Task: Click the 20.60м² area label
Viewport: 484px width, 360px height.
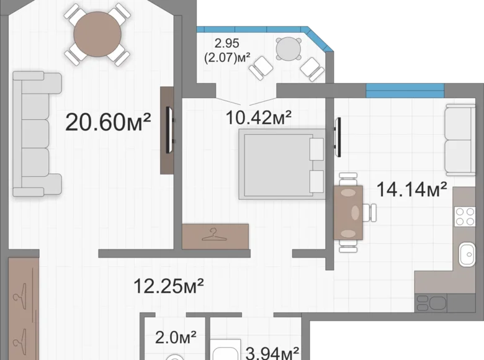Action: pyautogui.click(x=108, y=122)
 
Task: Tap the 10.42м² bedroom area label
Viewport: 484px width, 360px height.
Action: pyautogui.click(x=259, y=117)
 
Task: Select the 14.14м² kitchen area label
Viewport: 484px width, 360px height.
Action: pyautogui.click(x=412, y=189)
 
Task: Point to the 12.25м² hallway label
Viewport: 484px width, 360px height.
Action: pyautogui.click(x=169, y=286)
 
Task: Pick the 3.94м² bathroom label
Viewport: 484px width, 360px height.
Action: pyautogui.click(x=272, y=353)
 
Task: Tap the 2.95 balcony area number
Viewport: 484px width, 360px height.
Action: pyautogui.click(x=227, y=43)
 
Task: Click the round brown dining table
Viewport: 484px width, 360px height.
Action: pyautogui.click(x=97, y=34)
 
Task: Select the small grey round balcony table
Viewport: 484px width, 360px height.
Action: pyautogui.click(x=289, y=49)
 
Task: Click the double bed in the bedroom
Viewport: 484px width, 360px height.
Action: pyautogui.click(x=282, y=164)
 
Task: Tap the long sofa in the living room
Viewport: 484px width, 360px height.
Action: pyautogui.click(x=37, y=133)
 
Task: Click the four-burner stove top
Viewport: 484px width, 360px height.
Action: pyautogui.click(x=465, y=217)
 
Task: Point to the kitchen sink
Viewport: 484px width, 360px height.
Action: pyautogui.click(x=467, y=254)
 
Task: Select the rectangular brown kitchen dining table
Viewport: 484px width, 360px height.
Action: pyautogui.click(x=348, y=212)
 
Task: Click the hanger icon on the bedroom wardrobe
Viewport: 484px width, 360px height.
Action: pyautogui.click(x=213, y=235)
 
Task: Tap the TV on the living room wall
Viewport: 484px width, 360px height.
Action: pyautogui.click(x=170, y=130)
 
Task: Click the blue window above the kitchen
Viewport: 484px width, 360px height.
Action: pyautogui.click(x=405, y=91)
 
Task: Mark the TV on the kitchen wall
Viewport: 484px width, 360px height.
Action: pyautogui.click(x=338, y=137)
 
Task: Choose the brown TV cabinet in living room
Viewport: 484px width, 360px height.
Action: pyautogui.click(x=167, y=130)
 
